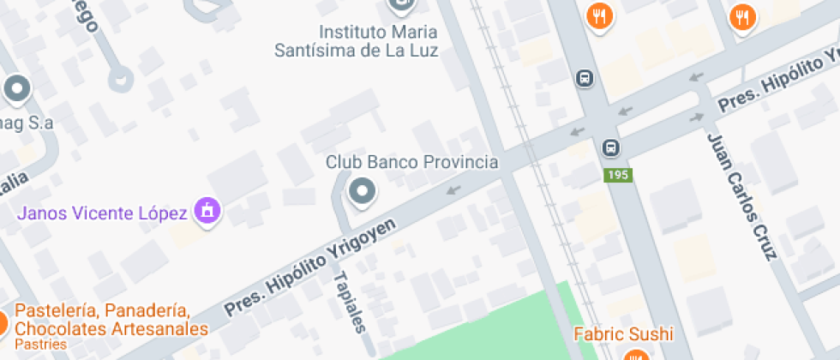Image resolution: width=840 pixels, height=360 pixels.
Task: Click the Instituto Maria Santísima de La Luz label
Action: tap(356, 41)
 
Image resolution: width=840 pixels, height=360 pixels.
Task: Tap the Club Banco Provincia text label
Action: tap(411, 162)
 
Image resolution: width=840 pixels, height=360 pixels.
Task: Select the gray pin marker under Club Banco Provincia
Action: tap(362, 190)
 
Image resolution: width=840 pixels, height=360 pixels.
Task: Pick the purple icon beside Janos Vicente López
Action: tap(207, 209)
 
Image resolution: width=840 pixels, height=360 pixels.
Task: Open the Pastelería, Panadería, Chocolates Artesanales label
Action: tap(111, 320)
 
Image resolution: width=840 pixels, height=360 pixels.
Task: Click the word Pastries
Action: tap(40, 345)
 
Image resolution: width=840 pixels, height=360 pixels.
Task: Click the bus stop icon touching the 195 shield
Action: tap(611, 147)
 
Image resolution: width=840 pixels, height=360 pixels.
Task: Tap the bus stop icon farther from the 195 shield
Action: tap(585, 78)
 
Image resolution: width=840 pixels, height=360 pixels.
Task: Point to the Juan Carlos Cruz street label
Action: tap(741, 196)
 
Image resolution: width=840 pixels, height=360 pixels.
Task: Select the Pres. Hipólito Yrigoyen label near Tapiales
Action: tap(310, 267)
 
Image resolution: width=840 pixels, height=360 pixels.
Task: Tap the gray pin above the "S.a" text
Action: tap(17, 88)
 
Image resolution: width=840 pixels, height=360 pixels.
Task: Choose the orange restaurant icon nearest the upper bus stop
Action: tap(599, 15)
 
